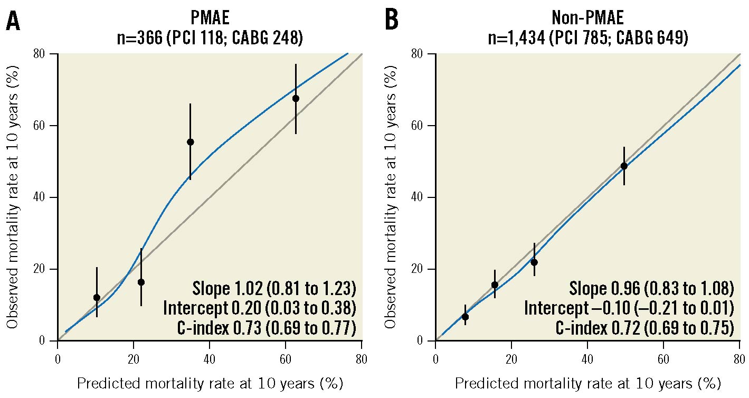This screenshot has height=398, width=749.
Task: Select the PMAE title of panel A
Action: pos(210,18)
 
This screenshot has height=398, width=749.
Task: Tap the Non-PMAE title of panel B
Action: pos(587,18)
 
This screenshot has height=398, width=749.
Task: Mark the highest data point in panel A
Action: pos(296,98)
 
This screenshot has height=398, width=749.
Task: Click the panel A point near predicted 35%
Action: pos(191,142)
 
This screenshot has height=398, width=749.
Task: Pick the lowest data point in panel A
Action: pos(97,298)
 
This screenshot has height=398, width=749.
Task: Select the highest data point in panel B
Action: pos(624,166)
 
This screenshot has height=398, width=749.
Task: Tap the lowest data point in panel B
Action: pos(465,317)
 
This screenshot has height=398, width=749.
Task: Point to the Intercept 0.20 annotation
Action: pos(259,308)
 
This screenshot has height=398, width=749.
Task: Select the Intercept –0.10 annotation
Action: pos(629,308)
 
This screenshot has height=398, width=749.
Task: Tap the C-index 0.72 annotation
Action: pos(644,328)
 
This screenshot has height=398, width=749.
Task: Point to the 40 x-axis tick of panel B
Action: pos(587,354)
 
